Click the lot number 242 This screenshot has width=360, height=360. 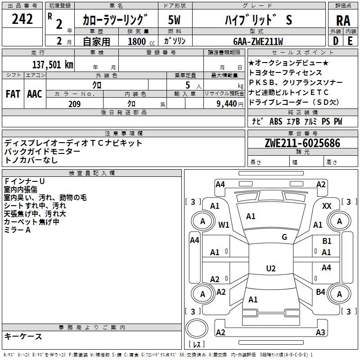22,19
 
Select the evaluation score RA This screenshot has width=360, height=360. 343,20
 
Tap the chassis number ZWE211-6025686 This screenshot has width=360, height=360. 302,143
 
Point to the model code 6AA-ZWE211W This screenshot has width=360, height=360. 258,41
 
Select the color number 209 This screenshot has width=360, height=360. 74,104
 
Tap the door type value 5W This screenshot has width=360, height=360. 175,20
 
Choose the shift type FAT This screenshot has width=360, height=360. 13,94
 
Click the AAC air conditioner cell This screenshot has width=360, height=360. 34,94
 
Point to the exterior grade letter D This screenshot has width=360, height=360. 335,41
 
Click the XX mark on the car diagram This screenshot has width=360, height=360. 327,206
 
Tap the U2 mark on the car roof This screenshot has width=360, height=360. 270,269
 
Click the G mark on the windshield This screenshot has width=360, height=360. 284,237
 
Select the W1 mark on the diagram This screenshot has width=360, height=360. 224,225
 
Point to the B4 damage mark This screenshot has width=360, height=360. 320,292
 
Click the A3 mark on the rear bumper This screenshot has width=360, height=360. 320,333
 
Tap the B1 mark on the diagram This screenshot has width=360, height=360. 327,241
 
